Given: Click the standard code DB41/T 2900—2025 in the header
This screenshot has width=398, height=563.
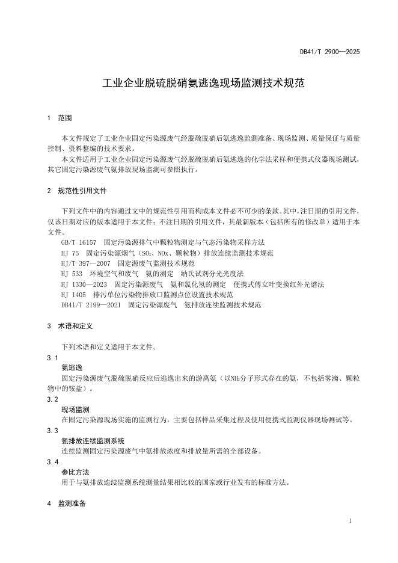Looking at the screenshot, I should [329, 52].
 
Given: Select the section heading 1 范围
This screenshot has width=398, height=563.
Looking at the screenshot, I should [60, 118].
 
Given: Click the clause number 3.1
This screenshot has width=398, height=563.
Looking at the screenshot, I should [52, 357].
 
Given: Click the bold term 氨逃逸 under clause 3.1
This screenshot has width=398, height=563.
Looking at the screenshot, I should [72, 367].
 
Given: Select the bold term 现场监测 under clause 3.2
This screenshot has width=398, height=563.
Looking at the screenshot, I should [75, 409].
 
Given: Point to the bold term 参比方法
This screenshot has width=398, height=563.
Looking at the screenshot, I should [75, 472].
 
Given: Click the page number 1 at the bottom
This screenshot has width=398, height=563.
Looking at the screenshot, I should [351, 520].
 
